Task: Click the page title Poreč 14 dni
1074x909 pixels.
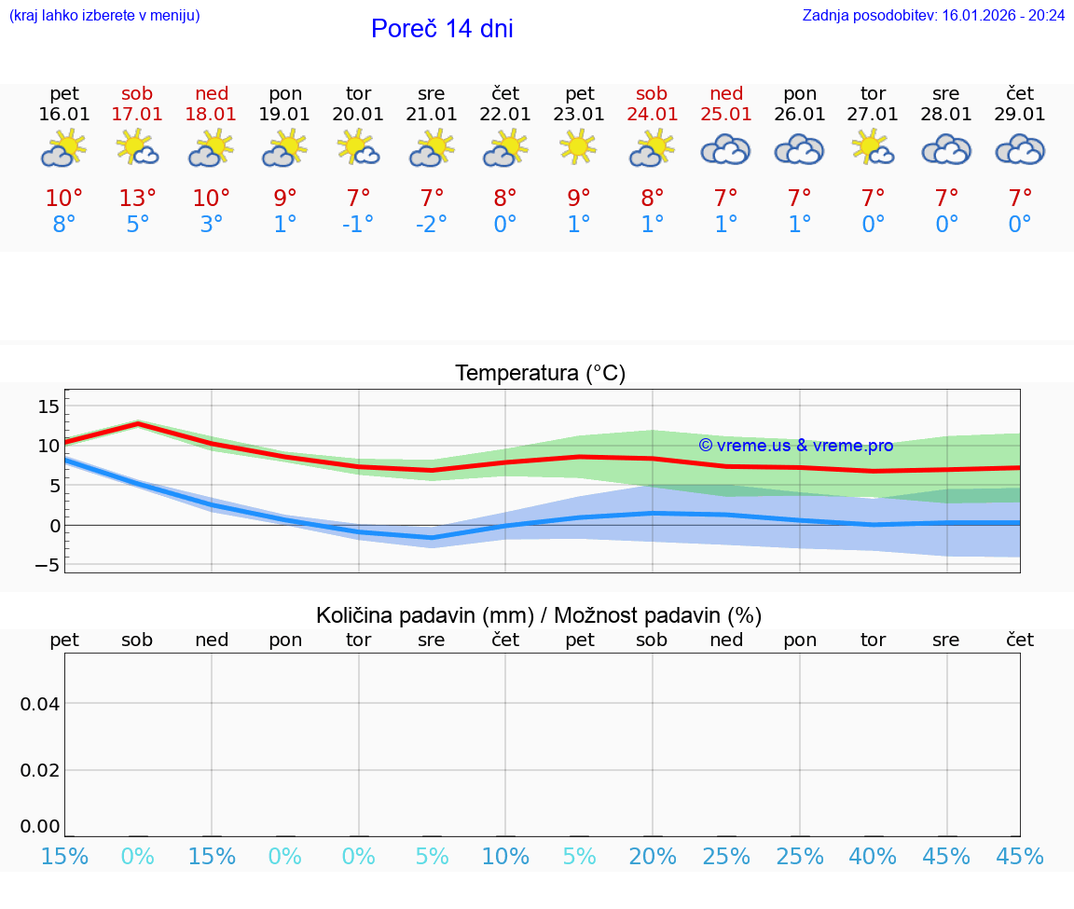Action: (x=442, y=29)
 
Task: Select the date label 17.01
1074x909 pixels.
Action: (x=137, y=115)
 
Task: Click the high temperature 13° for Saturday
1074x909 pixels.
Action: (x=137, y=199)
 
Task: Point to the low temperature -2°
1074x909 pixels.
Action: (x=432, y=225)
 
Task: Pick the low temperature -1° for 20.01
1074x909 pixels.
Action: (x=358, y=225)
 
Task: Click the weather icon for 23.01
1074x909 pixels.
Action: (x=579, y=148)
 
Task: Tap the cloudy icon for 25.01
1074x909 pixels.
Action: (x=726, y=149)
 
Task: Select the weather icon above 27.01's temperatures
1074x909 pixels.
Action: (x=874, y=148)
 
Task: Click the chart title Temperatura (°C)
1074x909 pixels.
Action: (x=540, y=374)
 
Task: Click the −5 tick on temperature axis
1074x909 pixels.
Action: (x=48, y=566)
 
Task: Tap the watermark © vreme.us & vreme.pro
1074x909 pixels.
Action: (x=796, y=446)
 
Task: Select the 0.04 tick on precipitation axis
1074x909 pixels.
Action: (x=40, y=704)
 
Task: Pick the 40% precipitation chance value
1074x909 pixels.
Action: (x=874, y=857)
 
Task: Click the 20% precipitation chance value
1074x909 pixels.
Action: (x=653, y=857)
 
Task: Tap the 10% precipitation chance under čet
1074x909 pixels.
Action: (x=505, y=857)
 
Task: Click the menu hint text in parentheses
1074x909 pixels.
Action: (x=104, y=15)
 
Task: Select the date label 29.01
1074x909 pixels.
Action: (x=1020, y=115)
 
